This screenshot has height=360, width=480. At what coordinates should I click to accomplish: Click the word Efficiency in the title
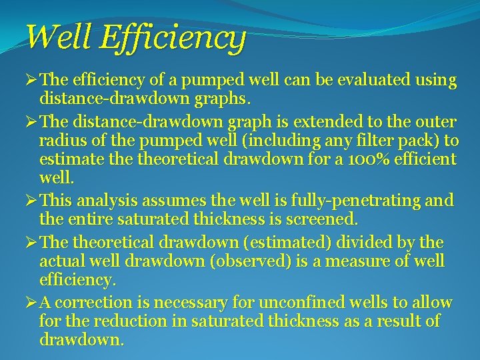click(x=173, y=38)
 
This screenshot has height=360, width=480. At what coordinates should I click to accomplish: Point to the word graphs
click(x=223, y=101)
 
